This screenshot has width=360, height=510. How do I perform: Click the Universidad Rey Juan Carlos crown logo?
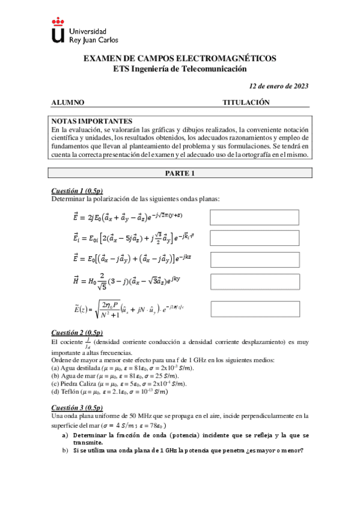(58, 30)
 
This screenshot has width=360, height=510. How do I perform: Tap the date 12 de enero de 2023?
(279, 86)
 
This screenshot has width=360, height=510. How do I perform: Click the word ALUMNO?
(67, 102)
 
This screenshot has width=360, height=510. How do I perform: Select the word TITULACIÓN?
(246, 102)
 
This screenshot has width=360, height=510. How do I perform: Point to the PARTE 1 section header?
(180, 173)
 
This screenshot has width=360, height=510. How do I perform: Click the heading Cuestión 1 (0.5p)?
(77, 191)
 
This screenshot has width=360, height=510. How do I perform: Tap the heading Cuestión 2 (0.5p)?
(77, 333)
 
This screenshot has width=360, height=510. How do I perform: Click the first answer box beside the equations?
(254, 217)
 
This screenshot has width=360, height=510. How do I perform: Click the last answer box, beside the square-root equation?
(254, 309)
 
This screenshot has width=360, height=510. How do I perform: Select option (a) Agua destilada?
(123, 367)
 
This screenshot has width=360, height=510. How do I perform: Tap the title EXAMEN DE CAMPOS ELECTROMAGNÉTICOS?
(179, 58)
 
